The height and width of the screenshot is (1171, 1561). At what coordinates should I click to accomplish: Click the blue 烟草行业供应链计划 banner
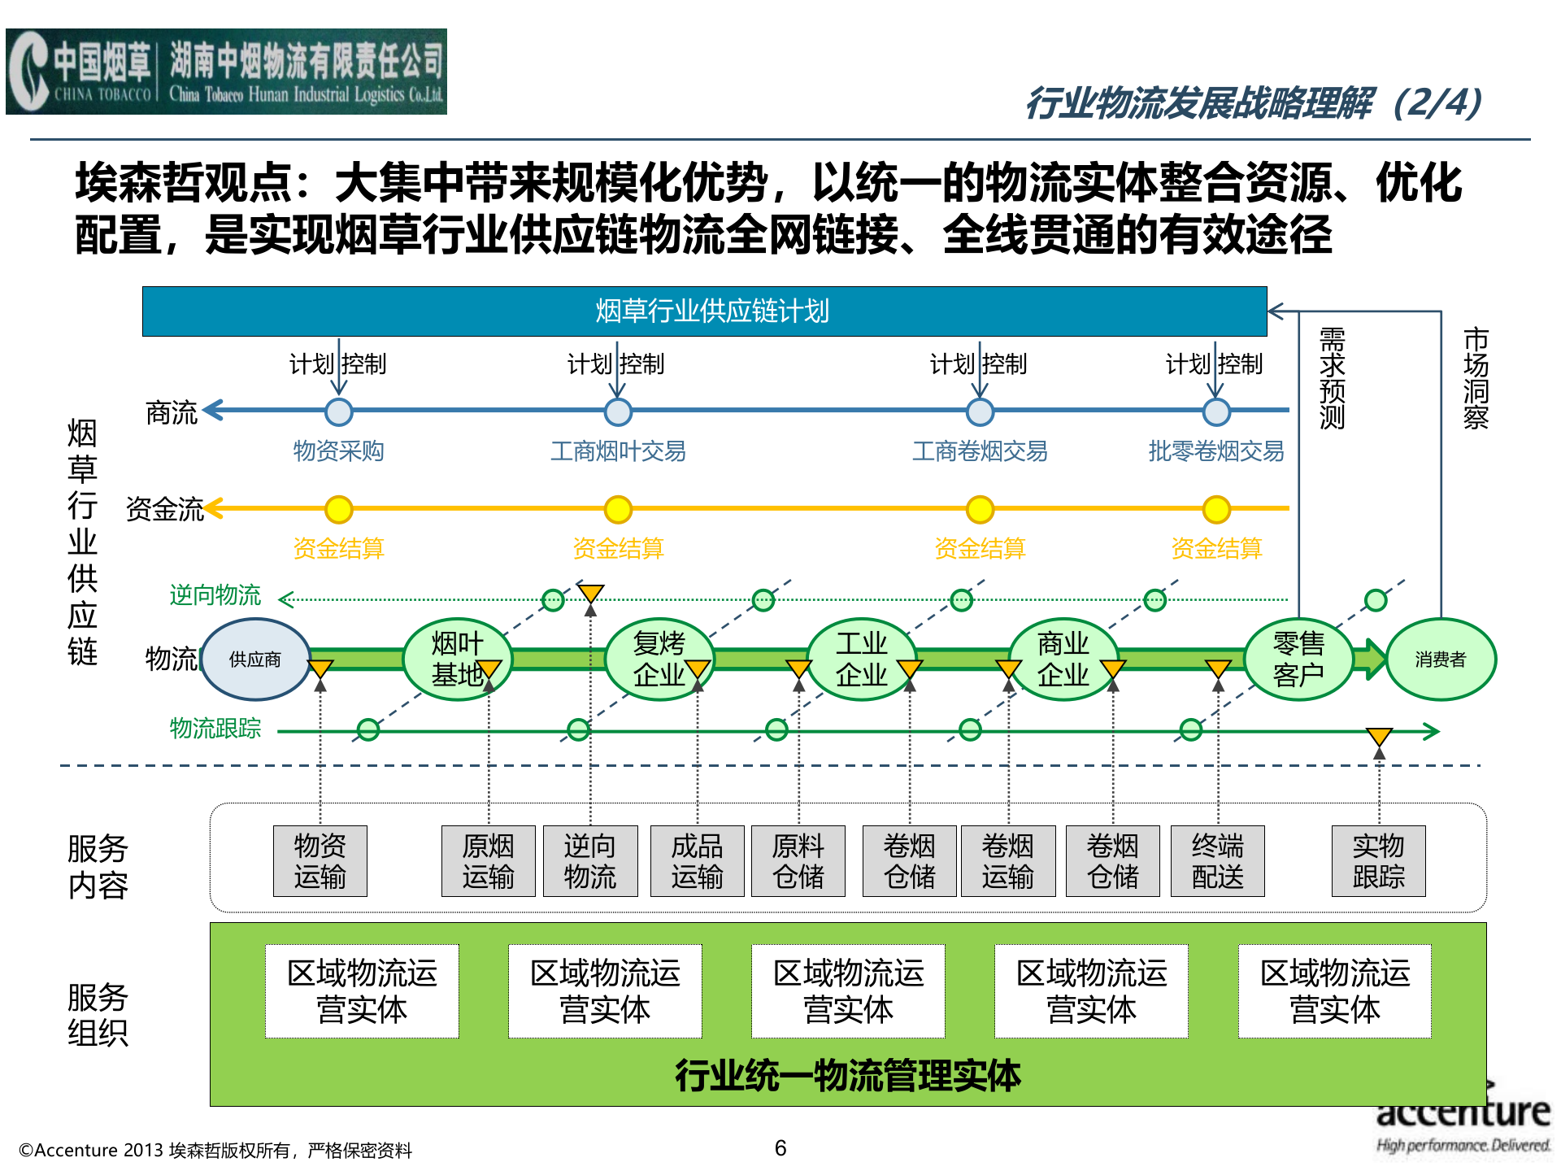[704, 311]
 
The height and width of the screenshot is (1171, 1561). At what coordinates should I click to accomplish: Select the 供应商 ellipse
[255, 660]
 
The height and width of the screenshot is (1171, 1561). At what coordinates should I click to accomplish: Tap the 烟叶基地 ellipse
[457, 660]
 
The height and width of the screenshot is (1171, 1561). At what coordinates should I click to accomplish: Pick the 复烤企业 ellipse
[659, 660]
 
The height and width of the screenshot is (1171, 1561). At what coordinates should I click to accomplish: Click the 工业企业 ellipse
[862, 660]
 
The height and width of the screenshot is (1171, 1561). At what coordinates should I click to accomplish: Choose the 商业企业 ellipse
[1063, 660]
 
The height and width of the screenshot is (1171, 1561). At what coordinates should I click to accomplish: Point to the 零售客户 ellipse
[1298, 660]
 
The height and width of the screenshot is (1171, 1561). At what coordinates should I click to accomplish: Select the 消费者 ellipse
[1441, 660]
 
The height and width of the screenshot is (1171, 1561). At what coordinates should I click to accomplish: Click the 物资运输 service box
[320, 861]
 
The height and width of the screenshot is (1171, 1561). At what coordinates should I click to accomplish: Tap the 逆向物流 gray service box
[590, 861]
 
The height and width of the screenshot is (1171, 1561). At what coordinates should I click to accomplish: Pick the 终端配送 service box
[1218, 861]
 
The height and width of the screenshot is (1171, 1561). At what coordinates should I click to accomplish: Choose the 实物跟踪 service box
[1379, 861]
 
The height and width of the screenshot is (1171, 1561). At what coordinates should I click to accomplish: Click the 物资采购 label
[338, 451]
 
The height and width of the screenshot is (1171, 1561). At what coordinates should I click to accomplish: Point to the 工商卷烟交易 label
[980, 451]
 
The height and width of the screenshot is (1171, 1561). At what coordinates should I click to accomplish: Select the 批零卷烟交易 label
[1216, 451]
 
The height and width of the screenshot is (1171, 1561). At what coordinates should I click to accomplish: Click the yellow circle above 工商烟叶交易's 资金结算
[619, 510]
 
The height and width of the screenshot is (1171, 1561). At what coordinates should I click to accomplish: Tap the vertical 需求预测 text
[1333, 378]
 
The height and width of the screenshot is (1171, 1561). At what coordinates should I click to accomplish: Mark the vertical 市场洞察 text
[1476, 378]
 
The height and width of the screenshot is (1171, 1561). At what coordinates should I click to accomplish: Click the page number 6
[780, 1148]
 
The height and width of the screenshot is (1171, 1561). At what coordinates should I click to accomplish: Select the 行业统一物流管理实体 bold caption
[848, 1076]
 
